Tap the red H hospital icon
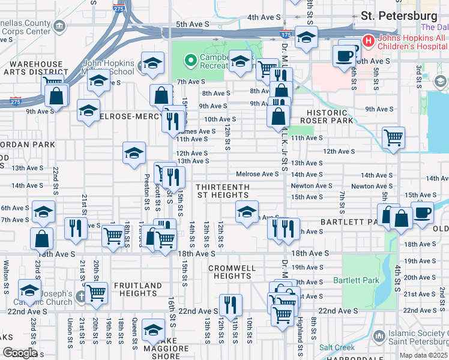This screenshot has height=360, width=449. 368,41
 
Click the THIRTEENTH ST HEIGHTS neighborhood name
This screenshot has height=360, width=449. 221,191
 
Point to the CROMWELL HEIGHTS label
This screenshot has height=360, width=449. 232,272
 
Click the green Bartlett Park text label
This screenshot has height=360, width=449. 363,280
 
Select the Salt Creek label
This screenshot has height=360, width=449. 336,347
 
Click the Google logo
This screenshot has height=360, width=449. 19,353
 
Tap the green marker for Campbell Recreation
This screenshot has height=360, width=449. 191,60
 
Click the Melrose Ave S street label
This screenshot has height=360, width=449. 258,174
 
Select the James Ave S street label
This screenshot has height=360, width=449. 196,131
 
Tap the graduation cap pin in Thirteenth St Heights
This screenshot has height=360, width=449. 246,211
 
